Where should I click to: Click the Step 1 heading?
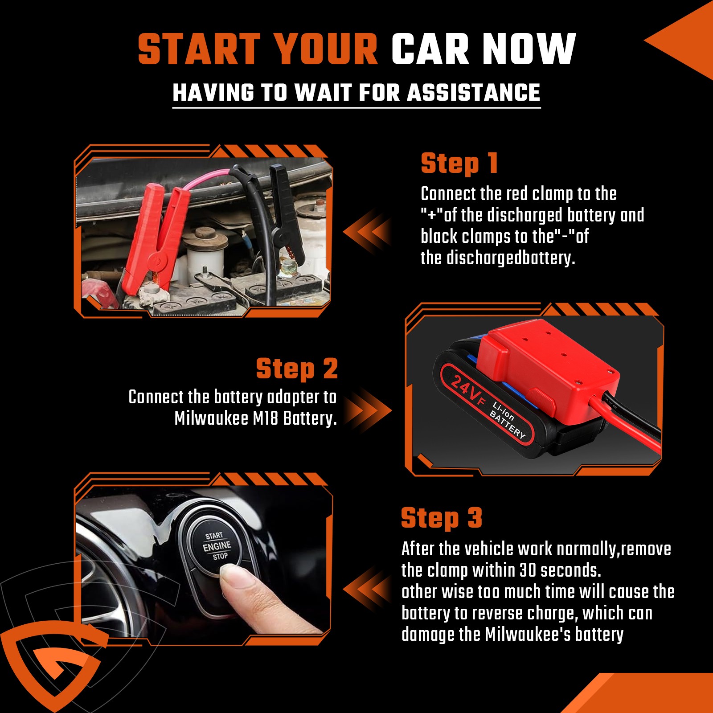[459, 163]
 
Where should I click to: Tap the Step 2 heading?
[297, 369]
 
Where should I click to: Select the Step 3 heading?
[442, 517]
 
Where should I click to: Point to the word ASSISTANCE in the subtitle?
[473, 92]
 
